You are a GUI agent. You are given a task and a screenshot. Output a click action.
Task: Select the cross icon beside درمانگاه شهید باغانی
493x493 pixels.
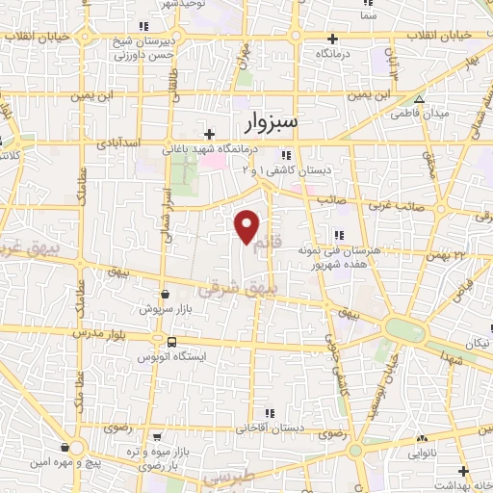tap(209, 134)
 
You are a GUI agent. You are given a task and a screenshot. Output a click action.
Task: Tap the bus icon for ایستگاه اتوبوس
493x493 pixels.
tap(171, 342)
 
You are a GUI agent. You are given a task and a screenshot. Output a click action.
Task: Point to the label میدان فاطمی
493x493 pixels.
tap(420, 114)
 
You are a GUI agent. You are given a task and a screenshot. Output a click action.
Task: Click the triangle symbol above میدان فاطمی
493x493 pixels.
tap(419, 99)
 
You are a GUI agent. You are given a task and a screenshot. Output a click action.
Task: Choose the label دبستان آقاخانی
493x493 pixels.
tap(300, 427)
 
